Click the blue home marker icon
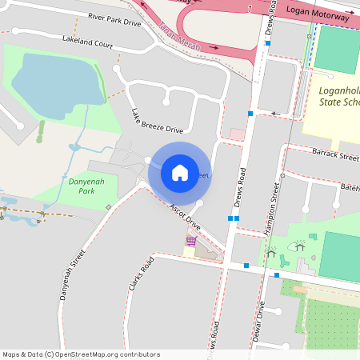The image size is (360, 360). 179,172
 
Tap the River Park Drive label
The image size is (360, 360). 114,19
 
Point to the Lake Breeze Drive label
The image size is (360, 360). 157,120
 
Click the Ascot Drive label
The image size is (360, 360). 184,218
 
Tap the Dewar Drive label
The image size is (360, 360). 258,321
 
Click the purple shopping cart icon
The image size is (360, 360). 191,240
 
